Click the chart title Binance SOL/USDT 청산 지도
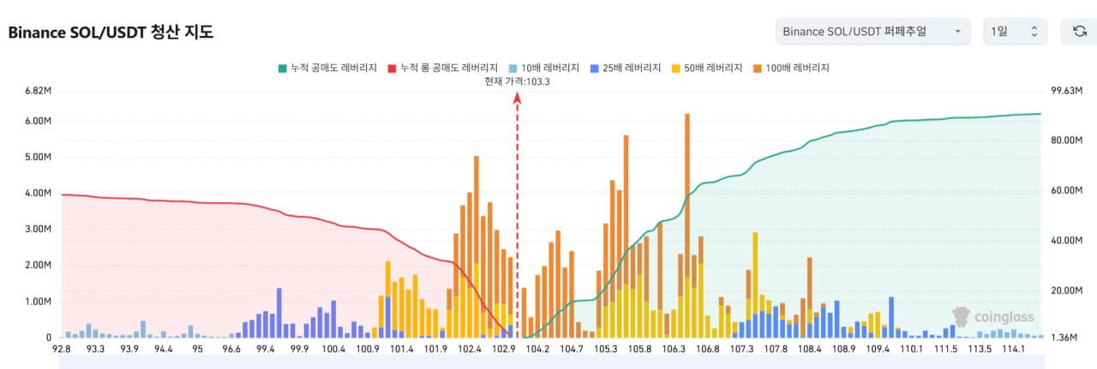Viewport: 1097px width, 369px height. point(111,33)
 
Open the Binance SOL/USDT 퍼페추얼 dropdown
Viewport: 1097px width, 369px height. point(872,32)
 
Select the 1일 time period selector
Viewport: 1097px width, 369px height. point(1015,32)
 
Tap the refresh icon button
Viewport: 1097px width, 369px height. point(1079,32)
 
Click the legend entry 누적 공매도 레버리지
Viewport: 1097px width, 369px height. point(327,68)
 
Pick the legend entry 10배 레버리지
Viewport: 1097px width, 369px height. point(544,68)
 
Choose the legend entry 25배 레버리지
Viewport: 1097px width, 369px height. point(626,68)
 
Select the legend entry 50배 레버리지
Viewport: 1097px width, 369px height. point(707,68)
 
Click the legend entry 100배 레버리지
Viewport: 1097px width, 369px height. point(791,68)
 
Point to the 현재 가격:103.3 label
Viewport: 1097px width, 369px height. point(517,81)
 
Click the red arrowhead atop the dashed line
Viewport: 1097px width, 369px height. point(517,98)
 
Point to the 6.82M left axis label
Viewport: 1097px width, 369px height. point(39,91)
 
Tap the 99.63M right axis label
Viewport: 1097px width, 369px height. point(1067,91)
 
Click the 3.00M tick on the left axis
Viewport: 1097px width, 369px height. point(39,229)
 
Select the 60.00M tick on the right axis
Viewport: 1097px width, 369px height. point(1067,190)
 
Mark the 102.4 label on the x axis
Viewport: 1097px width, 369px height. point(469,349)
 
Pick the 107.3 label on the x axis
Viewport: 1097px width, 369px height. point(741,349)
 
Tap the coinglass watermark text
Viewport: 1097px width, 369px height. point(1004,317)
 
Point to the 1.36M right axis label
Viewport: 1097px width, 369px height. point(1064,337)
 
